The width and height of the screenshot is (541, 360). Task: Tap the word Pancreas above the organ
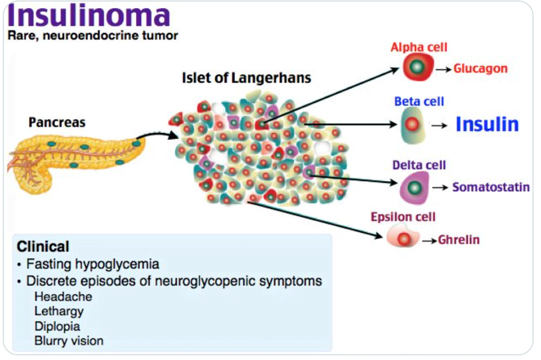tap(57, 123)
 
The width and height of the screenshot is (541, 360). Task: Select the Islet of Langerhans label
tap(246, 78)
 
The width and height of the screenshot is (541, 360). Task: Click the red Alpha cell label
tap(419, 48)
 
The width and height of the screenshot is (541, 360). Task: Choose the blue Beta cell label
tap(419, 101)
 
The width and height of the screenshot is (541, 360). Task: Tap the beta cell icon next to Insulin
tap(412, 125)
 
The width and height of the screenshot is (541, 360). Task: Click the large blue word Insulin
tap(487, 125)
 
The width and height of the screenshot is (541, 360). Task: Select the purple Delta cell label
tap(419, 165)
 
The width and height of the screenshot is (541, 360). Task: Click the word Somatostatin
tap(490, 188)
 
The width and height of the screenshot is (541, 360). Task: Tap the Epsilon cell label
tap(403, 217)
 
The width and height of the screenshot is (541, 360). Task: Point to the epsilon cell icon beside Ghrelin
tap(403, 238)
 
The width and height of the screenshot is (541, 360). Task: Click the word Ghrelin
tap(459, 240)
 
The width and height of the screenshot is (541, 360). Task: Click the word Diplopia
tap(57, 326)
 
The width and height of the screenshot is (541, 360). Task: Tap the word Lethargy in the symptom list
tap(59, 311)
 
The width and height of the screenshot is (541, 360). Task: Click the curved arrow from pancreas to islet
tap(158, 135)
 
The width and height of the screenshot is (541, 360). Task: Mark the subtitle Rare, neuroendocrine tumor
tap(92, 36)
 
